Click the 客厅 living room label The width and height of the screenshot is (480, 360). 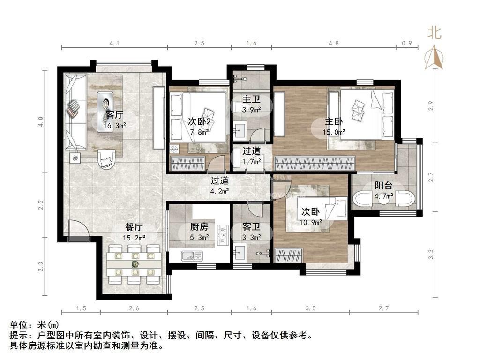(x=114, y=115)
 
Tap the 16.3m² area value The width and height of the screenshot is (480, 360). (x=115, y=126)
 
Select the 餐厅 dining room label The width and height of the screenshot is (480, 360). (x=134, y=227)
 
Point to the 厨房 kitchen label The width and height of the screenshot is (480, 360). (x=199, y=227)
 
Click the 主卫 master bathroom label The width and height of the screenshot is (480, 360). (x=251, y=99)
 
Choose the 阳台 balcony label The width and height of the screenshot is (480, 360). (x=383, y=186)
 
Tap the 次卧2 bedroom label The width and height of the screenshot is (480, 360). (x=199, y=121)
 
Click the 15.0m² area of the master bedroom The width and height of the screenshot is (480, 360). (x=334, y=132)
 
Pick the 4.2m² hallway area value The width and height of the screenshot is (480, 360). (x=219, y=191)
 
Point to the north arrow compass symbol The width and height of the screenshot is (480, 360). (x=434, y=57)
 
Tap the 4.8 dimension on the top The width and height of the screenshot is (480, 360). (x=334, y=43)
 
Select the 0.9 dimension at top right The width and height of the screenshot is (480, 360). (x=407, y=43)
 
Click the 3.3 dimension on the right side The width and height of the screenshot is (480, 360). (x=431, y=255)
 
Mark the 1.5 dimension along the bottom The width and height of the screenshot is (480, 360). (x=81, y=308)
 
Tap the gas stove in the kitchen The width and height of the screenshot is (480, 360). (x=223, y=235)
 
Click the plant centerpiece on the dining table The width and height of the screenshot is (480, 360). (x=135, y=263)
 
